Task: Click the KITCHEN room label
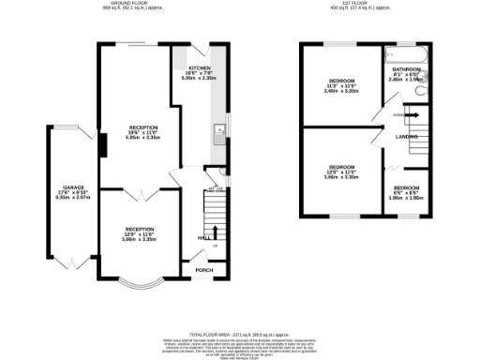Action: coord(198,69)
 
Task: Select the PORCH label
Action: coord(203,270)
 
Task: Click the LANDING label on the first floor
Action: coord(406,137)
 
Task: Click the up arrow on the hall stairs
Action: coord(216,232)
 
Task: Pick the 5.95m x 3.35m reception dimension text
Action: coord(142,137)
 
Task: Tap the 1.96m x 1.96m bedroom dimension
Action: coord(406,197)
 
